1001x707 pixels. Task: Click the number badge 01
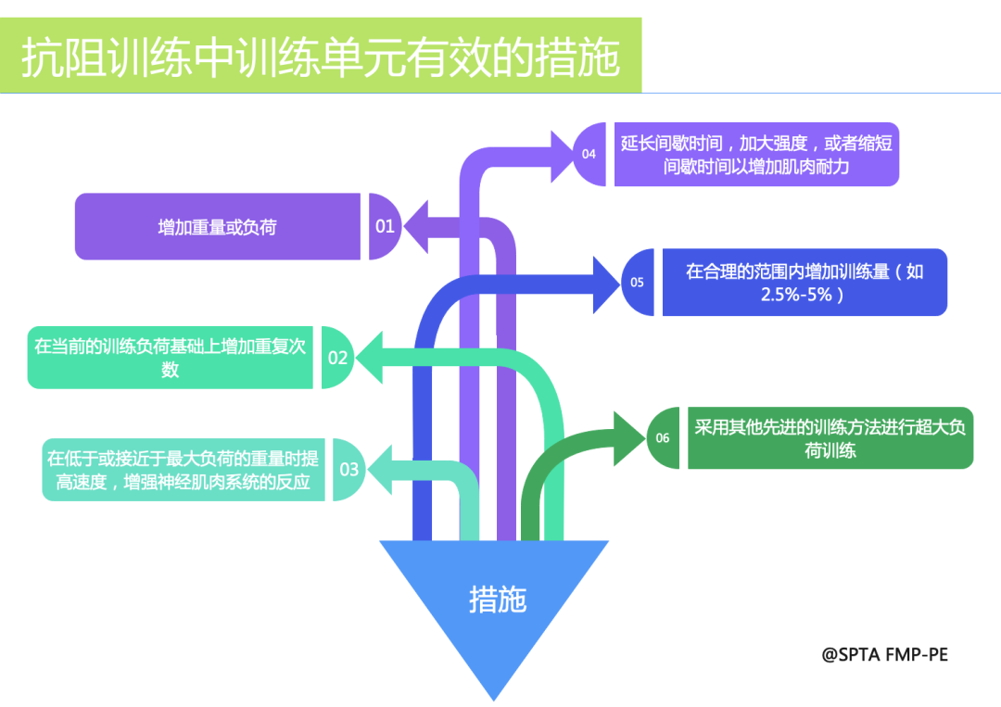(385, 226)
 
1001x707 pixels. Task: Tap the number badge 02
(337, 357)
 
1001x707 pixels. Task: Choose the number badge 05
(638, 282)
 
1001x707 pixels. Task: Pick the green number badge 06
(664, 437)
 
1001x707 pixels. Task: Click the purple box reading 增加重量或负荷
(217, 226)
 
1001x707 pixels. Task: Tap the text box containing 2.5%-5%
(804, 283)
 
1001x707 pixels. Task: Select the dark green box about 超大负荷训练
(830, 438)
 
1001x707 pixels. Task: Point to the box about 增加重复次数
(171, 358)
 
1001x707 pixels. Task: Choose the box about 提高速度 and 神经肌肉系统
(183, 470)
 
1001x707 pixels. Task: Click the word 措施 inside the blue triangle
(498, 600)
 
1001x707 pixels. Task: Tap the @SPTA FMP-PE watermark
(884, 654)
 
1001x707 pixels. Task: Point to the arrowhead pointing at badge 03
(379, 470)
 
